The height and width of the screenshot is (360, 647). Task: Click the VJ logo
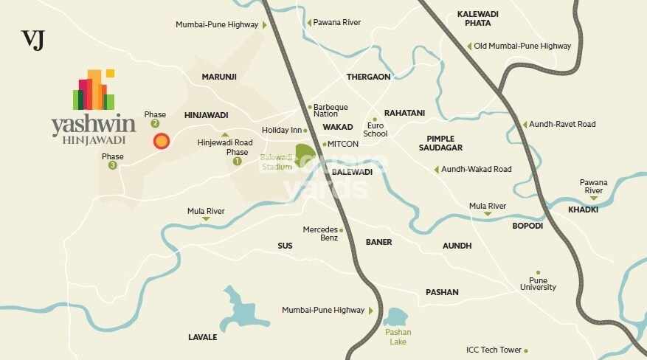pos(32,39)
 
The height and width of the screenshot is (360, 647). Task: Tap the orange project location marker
pos(161,141)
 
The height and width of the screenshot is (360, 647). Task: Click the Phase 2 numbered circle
pos(155,124)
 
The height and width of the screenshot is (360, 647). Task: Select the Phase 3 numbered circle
pos(113,165)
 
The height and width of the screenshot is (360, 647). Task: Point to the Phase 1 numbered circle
pos(237,161)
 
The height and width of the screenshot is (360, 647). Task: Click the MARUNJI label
pos(219,76)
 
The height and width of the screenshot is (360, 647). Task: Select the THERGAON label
pos(368,77)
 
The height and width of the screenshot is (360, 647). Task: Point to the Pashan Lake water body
pos(396,318)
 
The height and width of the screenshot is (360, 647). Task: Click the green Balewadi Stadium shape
pos(305,157)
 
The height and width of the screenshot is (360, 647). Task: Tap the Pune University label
pos(538,283)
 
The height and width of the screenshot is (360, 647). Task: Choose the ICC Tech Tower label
pos(494,350)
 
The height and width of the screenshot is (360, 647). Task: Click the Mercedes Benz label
pos(320,234)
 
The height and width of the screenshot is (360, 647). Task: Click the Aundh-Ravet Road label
pos(562,124)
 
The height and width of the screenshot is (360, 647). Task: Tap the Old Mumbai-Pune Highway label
pos(522,46)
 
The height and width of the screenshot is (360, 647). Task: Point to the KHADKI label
pos(583,210)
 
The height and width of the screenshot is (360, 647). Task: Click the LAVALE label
pos(202,337)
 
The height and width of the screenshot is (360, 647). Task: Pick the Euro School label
pos(375,129)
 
